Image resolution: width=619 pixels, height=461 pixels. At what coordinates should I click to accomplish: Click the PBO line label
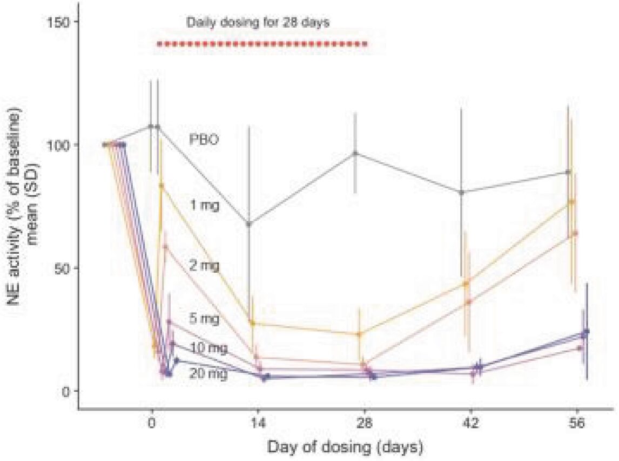click(x=204, y=139)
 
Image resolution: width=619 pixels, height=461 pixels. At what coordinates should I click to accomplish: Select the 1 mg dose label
click(x=204, y=205)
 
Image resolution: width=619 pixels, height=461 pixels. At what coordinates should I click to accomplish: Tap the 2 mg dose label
click(x=204, y=265)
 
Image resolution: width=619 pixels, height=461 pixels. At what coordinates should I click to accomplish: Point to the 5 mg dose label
click(x=204, y=319)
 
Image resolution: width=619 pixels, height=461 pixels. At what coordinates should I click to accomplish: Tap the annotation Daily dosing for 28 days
click(x=258, y=23)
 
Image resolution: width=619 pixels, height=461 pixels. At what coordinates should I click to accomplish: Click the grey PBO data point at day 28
click(x=355, y=153)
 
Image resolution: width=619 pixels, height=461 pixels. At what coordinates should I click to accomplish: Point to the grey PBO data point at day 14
click(x=249, y=223)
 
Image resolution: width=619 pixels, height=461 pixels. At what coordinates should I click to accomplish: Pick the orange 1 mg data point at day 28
click(x=359, y=334)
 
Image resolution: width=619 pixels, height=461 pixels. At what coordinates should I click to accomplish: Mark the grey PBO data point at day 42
click(x=461, y=192)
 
